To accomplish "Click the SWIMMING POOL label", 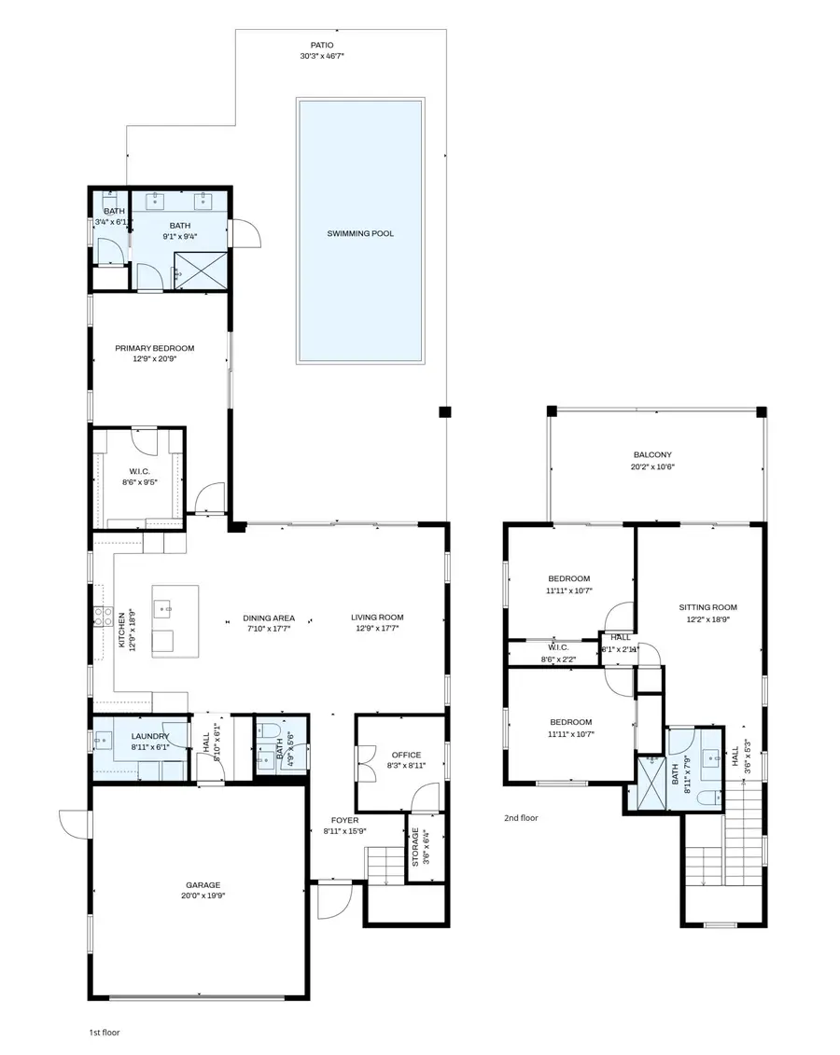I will [x=359, y=233].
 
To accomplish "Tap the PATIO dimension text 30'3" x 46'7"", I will [x=321, y=56].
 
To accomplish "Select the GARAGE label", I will [x=203, y=884].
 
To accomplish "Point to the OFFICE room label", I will [x=406, y=755].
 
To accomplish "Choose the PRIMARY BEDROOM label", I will [x=155, y=348].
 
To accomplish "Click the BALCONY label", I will [x=652, y=454].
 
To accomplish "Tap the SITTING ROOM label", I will [x=707, y=607].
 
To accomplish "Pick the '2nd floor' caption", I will [x=521, y=817].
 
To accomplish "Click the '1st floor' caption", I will [x=104, y=1033].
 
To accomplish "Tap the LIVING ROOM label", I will [x=377, y=618].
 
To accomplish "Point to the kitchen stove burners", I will [x=101, y=616].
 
